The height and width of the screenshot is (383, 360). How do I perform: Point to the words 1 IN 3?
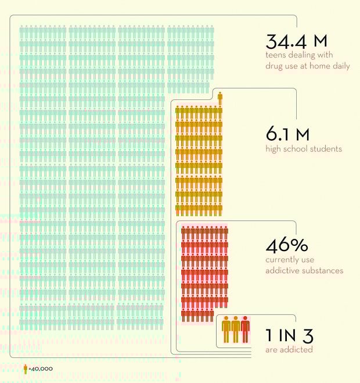[x=289, y=335]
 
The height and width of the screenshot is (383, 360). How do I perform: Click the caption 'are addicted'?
[x=289, y=349]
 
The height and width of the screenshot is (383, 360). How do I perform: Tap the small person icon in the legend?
[x=25, y=368]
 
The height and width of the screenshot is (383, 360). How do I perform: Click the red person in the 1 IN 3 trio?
[x=245, y=330]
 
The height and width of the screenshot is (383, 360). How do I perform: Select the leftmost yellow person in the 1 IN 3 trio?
[x=226, y=330]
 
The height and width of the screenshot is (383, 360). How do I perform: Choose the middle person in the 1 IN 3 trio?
[x=235, y=330]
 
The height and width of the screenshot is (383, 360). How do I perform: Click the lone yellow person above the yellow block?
[x=219, y=98]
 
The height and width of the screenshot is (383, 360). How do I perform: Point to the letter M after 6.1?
[x=302, y=134]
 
